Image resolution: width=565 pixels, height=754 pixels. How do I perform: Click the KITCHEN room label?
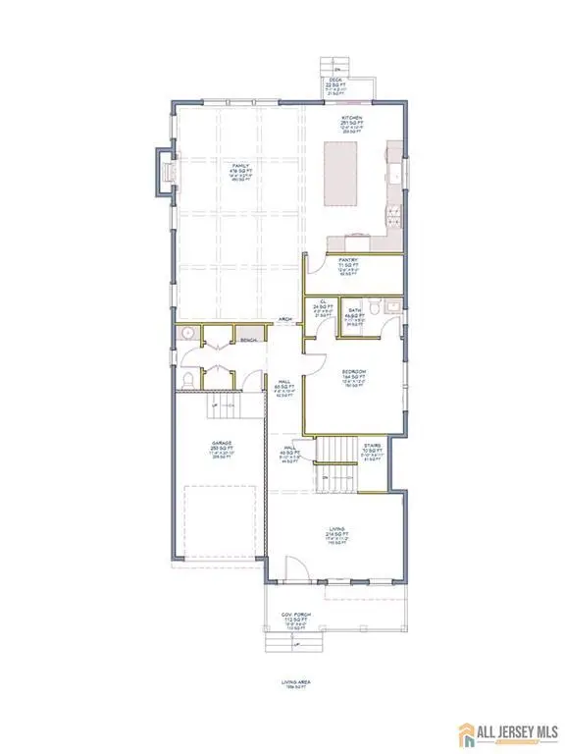click(x=338, y=115)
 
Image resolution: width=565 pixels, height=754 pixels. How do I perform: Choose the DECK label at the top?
click(x=332, y=83)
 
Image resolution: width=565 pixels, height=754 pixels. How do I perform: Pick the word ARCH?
click(x=284, y=319)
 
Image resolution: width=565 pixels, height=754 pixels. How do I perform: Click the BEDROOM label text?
click(x=353, y=371)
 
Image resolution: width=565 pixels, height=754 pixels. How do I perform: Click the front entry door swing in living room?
click(x=292, y=568)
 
